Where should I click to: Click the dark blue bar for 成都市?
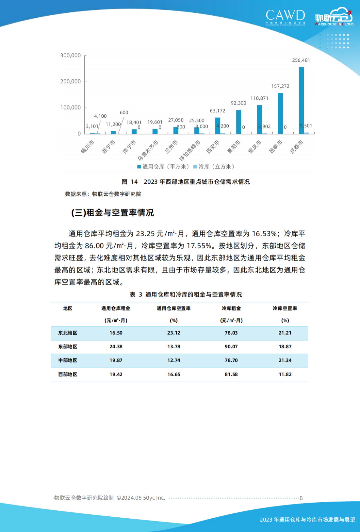point(301,100)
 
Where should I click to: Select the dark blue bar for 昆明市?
point(280,113)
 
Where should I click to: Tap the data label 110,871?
point(259,98)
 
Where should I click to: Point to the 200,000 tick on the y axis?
point(70,81)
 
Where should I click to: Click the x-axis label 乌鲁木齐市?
point(148,150)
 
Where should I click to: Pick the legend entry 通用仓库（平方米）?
point(163,166)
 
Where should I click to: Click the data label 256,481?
point(301,60)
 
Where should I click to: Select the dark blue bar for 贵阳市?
point(239,122)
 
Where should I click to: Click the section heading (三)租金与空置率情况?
point(113,212)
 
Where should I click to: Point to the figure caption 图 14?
point(129,182)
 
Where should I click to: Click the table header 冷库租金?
point(231,309)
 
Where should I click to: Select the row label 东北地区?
point(68,333)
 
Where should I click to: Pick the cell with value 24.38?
point(116,347)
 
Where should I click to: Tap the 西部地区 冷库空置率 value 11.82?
point(285,374)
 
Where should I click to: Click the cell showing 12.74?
point(174,360)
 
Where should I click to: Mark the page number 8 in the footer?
point(301,498)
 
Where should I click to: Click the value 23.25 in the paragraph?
point(145,234)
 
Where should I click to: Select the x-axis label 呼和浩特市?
point(190,150)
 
